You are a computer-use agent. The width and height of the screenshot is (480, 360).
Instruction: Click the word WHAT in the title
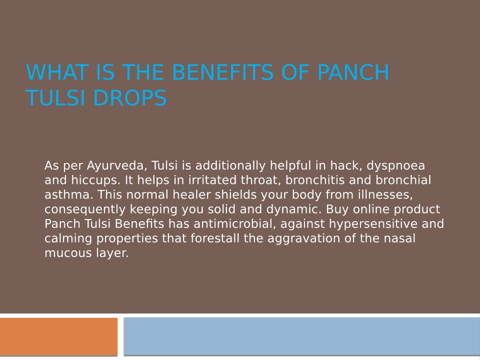(57, 72)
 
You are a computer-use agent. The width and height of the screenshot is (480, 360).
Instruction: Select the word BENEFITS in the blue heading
(223, 72)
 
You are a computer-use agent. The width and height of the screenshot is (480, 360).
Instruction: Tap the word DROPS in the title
(130, 98)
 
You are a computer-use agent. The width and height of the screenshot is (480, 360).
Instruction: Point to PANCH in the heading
(353, 72)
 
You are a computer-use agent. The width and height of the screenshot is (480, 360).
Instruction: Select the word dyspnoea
(396, 166)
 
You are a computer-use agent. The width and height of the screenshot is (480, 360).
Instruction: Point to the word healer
(191, 194)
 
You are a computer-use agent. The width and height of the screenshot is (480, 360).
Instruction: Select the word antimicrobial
(235, 224)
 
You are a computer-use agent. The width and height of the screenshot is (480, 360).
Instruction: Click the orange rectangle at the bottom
(59, 336)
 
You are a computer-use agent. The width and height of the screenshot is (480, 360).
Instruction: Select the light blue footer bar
(302, 336)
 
